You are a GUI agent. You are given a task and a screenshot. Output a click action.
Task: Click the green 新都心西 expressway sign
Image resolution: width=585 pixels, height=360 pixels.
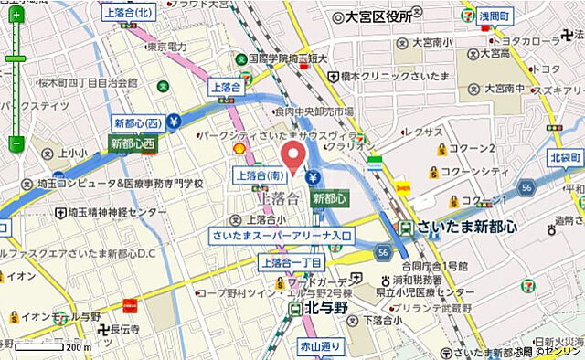[x=133, y=143]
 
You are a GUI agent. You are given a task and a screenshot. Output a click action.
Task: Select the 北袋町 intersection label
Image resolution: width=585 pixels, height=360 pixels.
[x=566, y=157]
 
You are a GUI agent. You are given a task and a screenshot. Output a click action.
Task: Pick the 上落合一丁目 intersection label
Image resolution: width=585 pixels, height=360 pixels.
[x=292, y=263]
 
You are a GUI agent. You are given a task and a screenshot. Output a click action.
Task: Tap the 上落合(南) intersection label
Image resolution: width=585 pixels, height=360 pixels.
[x=262, y=175]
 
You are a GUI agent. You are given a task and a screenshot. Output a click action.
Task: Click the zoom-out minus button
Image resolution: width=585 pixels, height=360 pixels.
[x=16, y=143]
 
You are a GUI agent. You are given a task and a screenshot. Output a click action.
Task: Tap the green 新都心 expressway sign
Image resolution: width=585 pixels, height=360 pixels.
[x=329, y=197]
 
